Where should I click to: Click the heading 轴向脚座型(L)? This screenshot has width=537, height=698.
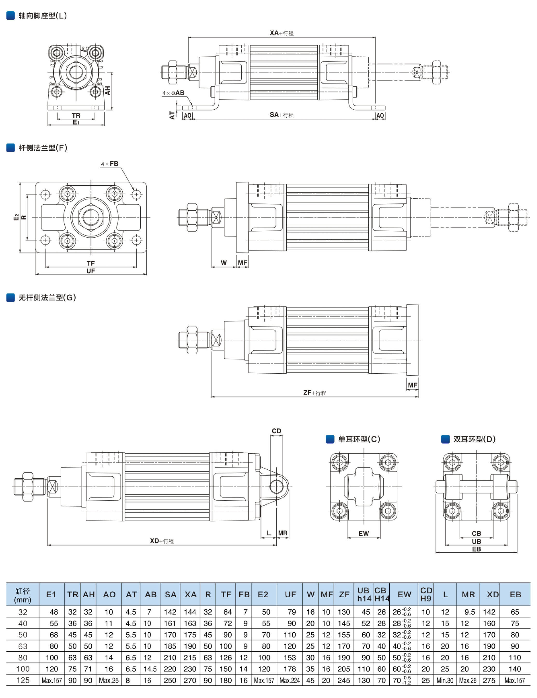42,16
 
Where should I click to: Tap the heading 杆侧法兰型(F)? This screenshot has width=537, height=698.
43,148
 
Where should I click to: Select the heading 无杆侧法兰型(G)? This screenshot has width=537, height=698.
47,298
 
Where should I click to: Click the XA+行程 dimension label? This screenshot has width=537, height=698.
282,33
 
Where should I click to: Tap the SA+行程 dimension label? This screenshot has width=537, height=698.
282,115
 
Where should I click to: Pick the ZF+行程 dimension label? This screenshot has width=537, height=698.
315,393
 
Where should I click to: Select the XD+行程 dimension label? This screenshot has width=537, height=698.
162,541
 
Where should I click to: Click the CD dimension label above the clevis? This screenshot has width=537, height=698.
276,431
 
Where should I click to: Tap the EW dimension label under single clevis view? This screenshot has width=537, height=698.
364,533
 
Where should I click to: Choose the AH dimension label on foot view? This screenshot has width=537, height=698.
108,91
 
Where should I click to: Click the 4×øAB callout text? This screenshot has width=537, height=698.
173,93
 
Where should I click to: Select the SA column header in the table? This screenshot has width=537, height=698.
170,594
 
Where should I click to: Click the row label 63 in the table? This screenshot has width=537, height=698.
23,646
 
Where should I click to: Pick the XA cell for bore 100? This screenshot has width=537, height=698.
190,669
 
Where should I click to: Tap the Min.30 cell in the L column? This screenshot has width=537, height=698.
445,680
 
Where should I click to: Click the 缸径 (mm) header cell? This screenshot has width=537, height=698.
22,595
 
